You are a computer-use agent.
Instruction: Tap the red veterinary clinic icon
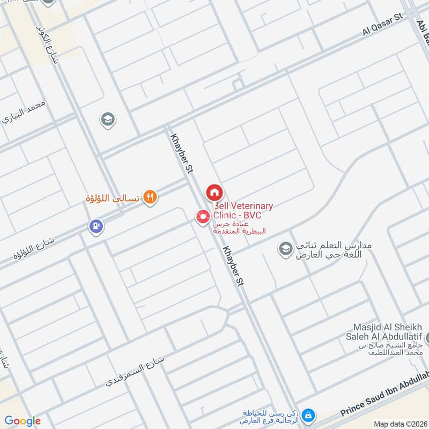(203, 217)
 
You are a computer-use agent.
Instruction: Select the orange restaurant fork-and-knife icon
(151, 198)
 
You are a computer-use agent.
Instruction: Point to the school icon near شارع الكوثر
(108, 120)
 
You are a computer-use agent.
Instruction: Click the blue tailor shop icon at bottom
(308, 415)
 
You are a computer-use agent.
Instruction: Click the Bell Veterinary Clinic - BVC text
(243, 210)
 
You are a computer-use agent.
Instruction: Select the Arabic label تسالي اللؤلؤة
(113, 198)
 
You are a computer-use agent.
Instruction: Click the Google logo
(23, 421)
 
